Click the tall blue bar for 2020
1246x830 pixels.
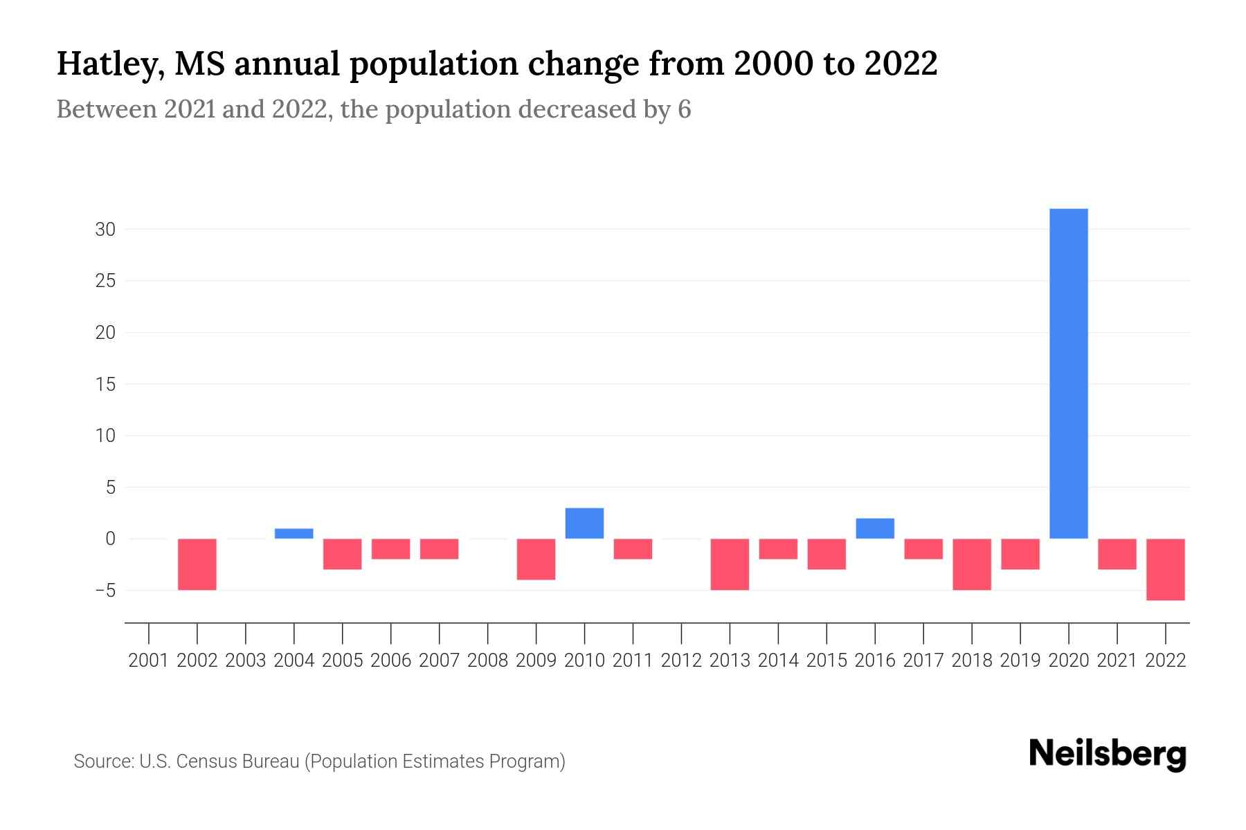[1069, 373]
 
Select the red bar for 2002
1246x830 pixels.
[197, 564]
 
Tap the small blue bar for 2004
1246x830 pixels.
[294, 533]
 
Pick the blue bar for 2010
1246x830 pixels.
[584, 524]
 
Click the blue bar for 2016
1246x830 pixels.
[875, 528]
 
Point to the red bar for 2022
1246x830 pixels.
[1166, 569]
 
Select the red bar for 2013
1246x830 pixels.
[730, 564]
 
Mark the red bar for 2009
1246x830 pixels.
[536, 559]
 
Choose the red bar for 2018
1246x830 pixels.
[972, 564]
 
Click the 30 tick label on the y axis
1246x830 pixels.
[105, 230]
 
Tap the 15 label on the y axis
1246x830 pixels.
[105, 385]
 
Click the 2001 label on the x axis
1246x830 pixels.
[149, 661]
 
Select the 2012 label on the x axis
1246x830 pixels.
[681, 661]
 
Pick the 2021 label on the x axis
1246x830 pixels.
[1117, 661]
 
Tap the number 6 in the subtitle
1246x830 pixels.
[684, 109]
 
